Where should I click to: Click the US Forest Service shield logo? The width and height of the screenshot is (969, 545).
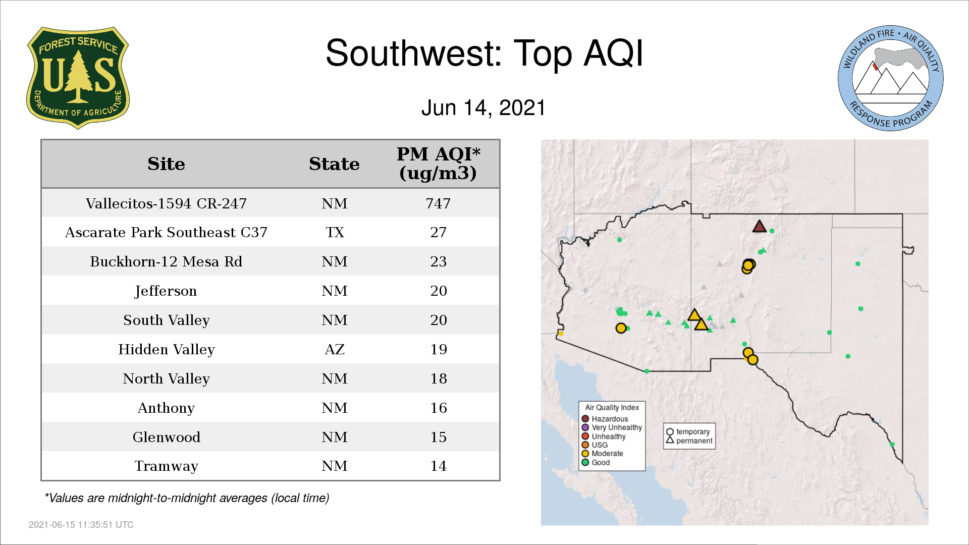[x=78, y=78]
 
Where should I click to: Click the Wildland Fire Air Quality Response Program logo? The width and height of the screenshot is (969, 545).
[x=891, y=78]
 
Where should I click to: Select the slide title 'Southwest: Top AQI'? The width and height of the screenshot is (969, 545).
[x=484, y=53]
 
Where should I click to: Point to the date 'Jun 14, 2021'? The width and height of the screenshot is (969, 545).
[x=483, y=108]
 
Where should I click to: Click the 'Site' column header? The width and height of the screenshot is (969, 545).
[x=166, y=164]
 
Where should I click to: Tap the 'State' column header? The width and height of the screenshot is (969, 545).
[x=334, y=164]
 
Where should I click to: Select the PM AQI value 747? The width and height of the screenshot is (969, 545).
[x=438, y=203]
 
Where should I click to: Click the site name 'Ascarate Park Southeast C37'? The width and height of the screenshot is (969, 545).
[x=166, y=232]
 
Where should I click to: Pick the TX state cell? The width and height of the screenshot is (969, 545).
[x=335, y=232]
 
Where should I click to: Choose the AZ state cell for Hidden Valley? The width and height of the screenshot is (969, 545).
[x=335, y=349]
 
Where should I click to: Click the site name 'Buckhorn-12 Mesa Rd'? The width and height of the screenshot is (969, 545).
[x=166, y=261]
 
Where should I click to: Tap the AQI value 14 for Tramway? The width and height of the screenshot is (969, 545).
[x=438, y=466]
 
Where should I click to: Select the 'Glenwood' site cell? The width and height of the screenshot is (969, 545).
[x=166, y=437]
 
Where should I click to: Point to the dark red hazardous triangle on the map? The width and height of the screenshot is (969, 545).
[x=759, y=227]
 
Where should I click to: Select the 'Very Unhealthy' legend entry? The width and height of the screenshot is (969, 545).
[x=612, y=427]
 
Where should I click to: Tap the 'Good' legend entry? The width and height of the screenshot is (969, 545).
[x=596, y=462]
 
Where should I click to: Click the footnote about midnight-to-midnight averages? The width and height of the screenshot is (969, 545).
[x=187, y=498]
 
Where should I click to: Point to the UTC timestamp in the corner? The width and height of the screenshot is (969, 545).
[x=81, y=525]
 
